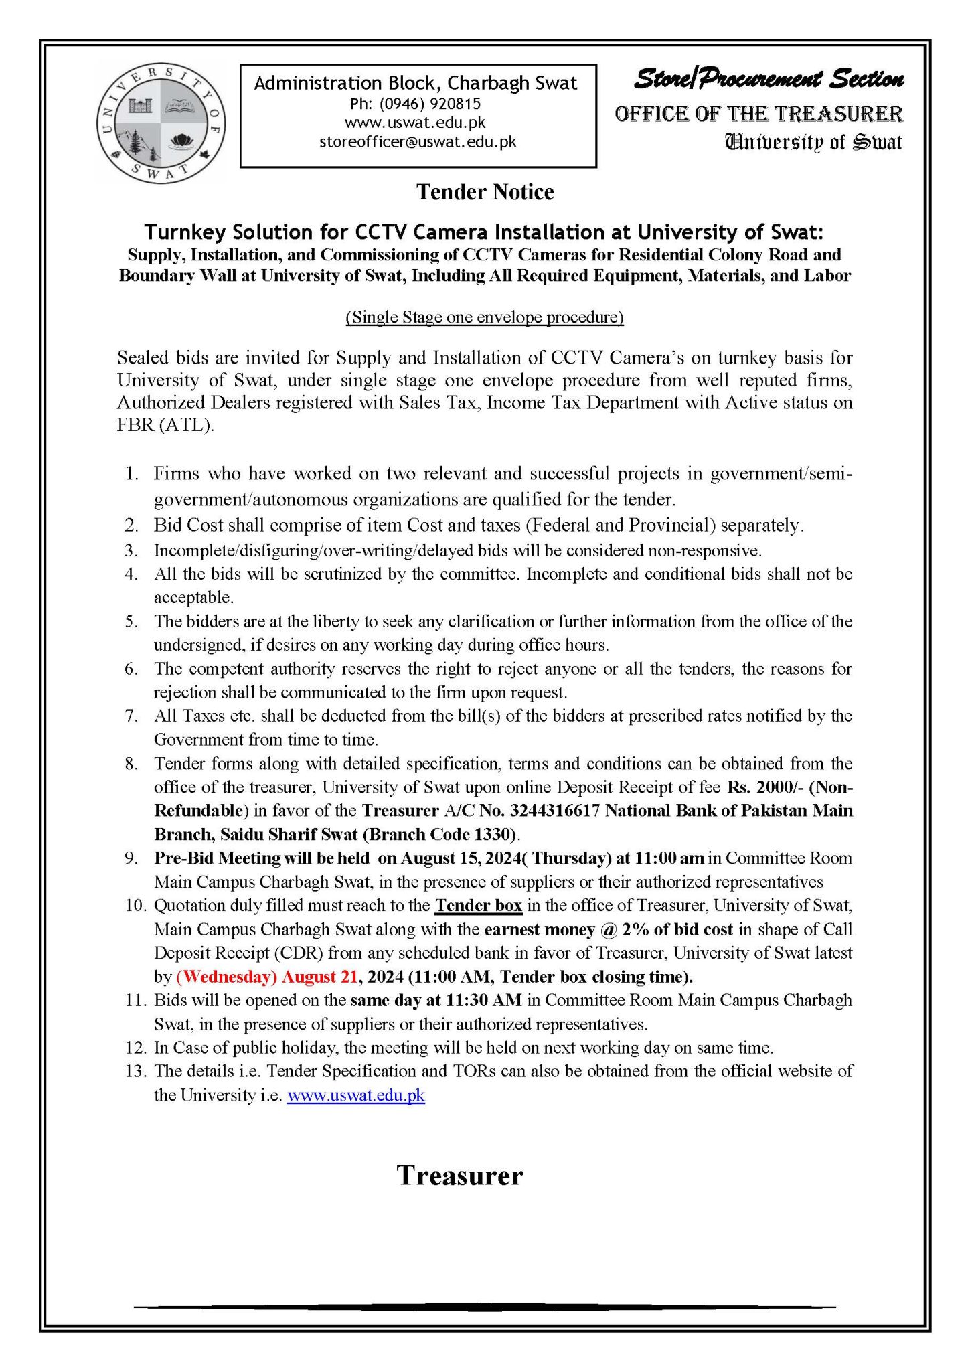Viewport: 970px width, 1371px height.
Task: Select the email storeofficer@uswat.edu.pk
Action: coord(418,142)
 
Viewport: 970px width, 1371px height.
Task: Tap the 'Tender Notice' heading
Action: coord(485,192)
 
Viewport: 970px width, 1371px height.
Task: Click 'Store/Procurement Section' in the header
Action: coord(769,80)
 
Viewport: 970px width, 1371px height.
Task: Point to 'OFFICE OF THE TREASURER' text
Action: coord(758,114)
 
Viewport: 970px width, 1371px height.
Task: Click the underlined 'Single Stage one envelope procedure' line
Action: coord(484,317)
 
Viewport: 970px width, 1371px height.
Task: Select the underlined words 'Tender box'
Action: coord(478,906)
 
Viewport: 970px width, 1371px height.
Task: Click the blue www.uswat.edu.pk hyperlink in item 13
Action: coord(355,1096)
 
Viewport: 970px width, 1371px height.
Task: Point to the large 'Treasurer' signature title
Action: coord(460,1176)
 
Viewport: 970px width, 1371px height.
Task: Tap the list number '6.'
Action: coord(131,669)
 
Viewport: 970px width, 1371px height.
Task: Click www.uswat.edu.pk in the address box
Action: coord(415,123)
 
